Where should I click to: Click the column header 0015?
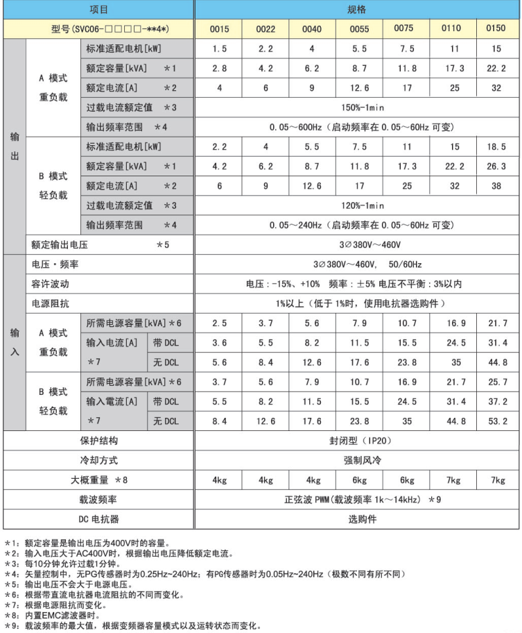click(220, 29)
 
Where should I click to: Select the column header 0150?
click(496, 29)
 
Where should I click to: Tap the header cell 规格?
click(356, 10)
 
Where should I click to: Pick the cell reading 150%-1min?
click(356, 108)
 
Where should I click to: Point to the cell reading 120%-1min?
click(356, 205)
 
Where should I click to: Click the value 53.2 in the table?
click(496, 421)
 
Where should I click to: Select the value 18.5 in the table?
click(496, 147)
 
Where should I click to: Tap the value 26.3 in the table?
click(496, 167)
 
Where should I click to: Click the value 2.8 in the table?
click(220, 69)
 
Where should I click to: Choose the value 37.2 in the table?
click(496, 402)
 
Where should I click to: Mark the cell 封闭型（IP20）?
click(356, 441)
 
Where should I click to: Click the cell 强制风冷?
click(356, 460)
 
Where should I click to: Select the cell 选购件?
click(356, 519)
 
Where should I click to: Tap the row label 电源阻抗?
click(51, 303)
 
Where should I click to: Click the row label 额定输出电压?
click(60, 245)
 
